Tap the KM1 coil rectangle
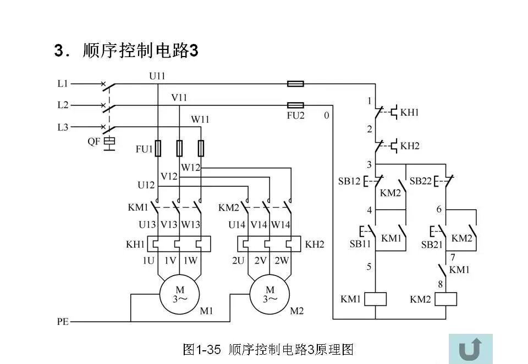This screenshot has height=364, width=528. [375, 299]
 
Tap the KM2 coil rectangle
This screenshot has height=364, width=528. [446, 299]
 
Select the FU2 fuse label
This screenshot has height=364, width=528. [295, 116]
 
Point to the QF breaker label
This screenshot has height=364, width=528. [94, 141]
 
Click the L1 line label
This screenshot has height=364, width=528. [63, 84]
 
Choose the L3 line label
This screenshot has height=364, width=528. [63, 127]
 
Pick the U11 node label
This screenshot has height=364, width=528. [157, 76]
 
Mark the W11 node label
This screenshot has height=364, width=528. [200, 119]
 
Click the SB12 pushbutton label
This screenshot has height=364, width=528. [349, 181]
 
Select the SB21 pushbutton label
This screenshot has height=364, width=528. [432, 244]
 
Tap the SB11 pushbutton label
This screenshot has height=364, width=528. [360, 244]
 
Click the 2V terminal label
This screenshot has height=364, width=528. [260, 261]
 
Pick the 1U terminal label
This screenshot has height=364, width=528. [148, 261]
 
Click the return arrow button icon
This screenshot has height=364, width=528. [470, 348]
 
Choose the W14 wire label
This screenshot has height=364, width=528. [280, 225]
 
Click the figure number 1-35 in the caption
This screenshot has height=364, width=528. [211, 349]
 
